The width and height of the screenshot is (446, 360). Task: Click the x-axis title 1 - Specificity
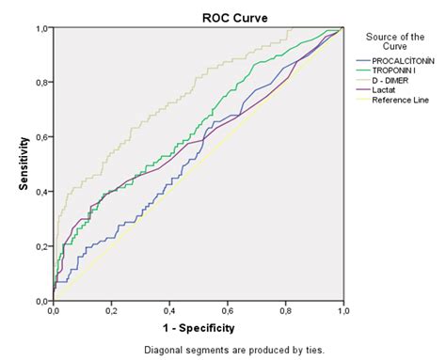point(198,328)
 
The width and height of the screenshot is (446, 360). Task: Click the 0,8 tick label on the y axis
point(43,83)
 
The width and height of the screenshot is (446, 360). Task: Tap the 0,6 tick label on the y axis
point(43,137)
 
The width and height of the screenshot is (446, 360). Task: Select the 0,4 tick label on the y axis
point(43,192)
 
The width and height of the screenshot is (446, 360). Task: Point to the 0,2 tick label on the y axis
point(43,246)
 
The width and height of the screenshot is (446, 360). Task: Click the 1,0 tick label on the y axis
point(43,28)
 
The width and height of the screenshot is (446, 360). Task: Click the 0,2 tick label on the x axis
point(111,310)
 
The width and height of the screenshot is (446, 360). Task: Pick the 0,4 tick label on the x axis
point(168,310)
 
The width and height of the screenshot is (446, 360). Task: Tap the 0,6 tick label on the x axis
point(227,310)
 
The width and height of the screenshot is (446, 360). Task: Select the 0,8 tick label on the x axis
point(284,310)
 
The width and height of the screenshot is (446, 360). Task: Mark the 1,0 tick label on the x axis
point(342,310)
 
